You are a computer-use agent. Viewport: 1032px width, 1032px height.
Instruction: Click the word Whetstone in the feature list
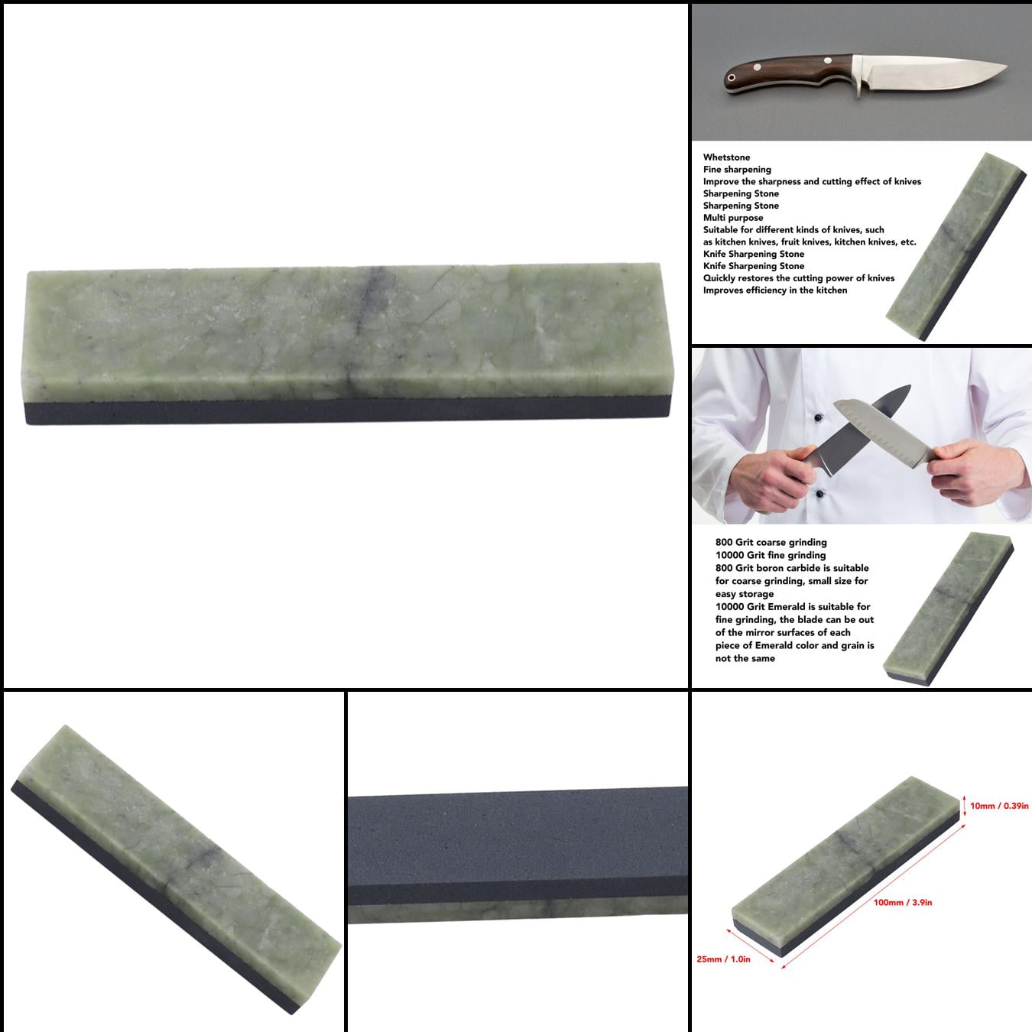click(x=726, y=157)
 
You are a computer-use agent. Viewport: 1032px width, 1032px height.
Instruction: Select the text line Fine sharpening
click(x=737, y=170)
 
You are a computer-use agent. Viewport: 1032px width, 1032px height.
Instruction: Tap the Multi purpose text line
click(x=733, y=218)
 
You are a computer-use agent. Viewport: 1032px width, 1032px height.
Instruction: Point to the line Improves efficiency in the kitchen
click(x=775, y=290)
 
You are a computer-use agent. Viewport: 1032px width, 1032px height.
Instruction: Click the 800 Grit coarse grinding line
click(x=771, y=542)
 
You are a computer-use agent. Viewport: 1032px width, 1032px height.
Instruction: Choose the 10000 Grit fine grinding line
click(x=771, y=555)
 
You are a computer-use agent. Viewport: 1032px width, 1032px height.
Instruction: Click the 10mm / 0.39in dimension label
click(x=999, y=806)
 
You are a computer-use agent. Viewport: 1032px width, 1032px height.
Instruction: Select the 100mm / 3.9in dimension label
click(x=903, y=903)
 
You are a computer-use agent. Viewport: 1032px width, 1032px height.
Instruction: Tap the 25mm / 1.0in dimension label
click(x=723, y=959)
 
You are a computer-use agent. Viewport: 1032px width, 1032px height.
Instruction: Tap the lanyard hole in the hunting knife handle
click(x=734, y=78)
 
